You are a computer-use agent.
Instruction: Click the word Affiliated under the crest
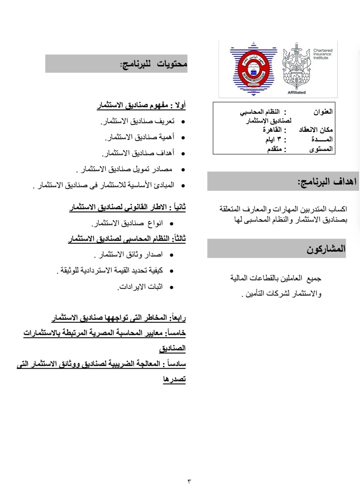point(297,92)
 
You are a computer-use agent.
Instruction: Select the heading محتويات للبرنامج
point(154,64)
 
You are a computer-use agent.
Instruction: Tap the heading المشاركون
point(326,249)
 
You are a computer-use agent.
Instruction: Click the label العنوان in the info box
point(323,112)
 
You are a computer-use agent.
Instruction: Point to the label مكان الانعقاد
point(316,130)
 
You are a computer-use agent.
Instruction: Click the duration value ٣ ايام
point(273,140)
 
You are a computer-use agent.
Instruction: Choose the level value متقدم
point(275,149)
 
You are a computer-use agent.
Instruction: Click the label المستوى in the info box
point(321,149)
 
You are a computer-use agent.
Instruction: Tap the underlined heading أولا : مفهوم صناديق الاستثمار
point(141,105)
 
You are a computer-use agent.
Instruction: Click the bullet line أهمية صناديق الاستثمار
point(139,137)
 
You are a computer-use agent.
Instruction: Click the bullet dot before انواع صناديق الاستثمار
point(171,224)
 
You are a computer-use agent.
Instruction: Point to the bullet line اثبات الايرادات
point(140,287)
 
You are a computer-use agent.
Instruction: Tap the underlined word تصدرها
point(174,379)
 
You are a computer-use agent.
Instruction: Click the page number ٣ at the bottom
point(189,481)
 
